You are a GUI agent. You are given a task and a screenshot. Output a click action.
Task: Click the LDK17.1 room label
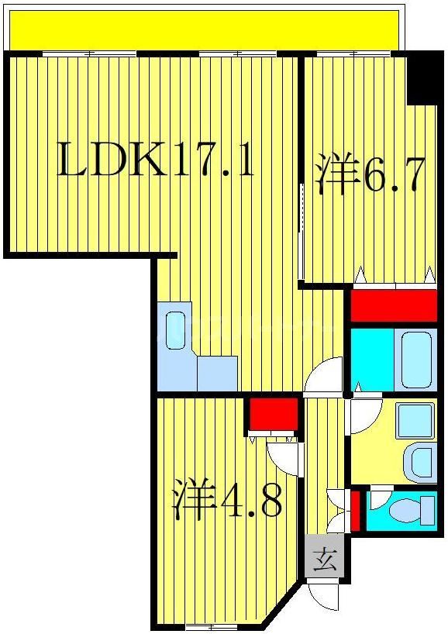[x=156, y=161]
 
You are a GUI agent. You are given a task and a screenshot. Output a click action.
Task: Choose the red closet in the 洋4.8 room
[x=274, y=415]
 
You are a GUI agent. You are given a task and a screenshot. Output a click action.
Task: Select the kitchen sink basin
[x=176, y=329]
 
